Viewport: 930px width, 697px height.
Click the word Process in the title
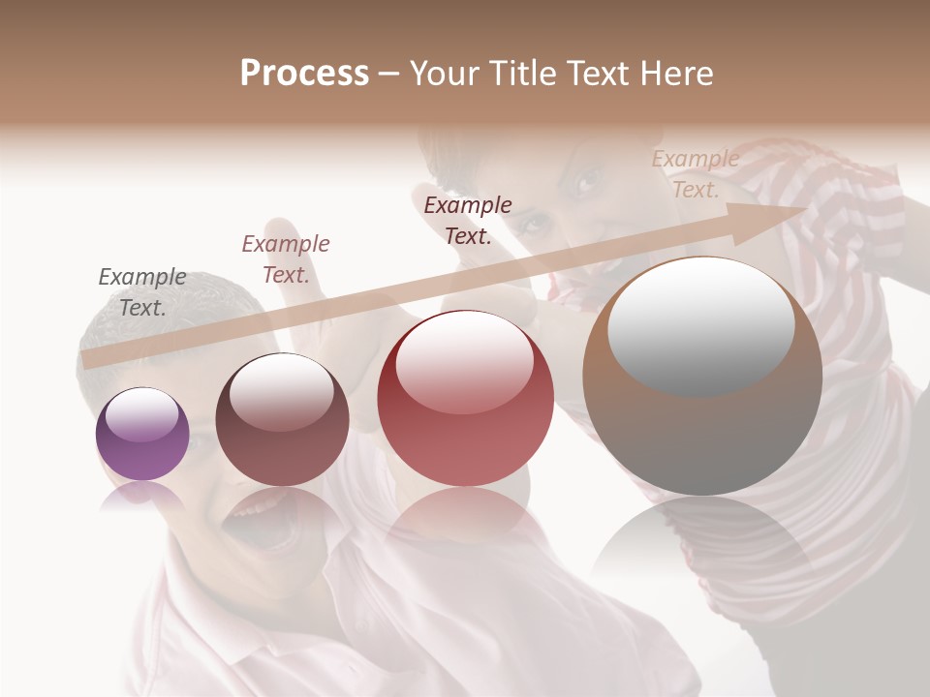[x=304, y=74]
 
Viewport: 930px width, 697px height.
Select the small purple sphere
[x=142, y=434]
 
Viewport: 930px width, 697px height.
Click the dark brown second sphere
[x=282, y=420]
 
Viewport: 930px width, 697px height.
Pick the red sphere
[x=465, y=398]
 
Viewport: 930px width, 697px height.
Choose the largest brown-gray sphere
[x=702, y=378]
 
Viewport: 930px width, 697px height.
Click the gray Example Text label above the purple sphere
[x=142, y=291]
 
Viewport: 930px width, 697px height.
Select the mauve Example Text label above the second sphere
[x=286, y=258]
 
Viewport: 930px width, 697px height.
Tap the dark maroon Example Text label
[x=468, y=220]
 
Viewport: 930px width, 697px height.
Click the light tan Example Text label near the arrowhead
[x=695, y=173]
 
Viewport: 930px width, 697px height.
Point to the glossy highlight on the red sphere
[x=464, y=361]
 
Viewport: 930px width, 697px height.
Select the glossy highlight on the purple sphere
[x=142, y=414]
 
